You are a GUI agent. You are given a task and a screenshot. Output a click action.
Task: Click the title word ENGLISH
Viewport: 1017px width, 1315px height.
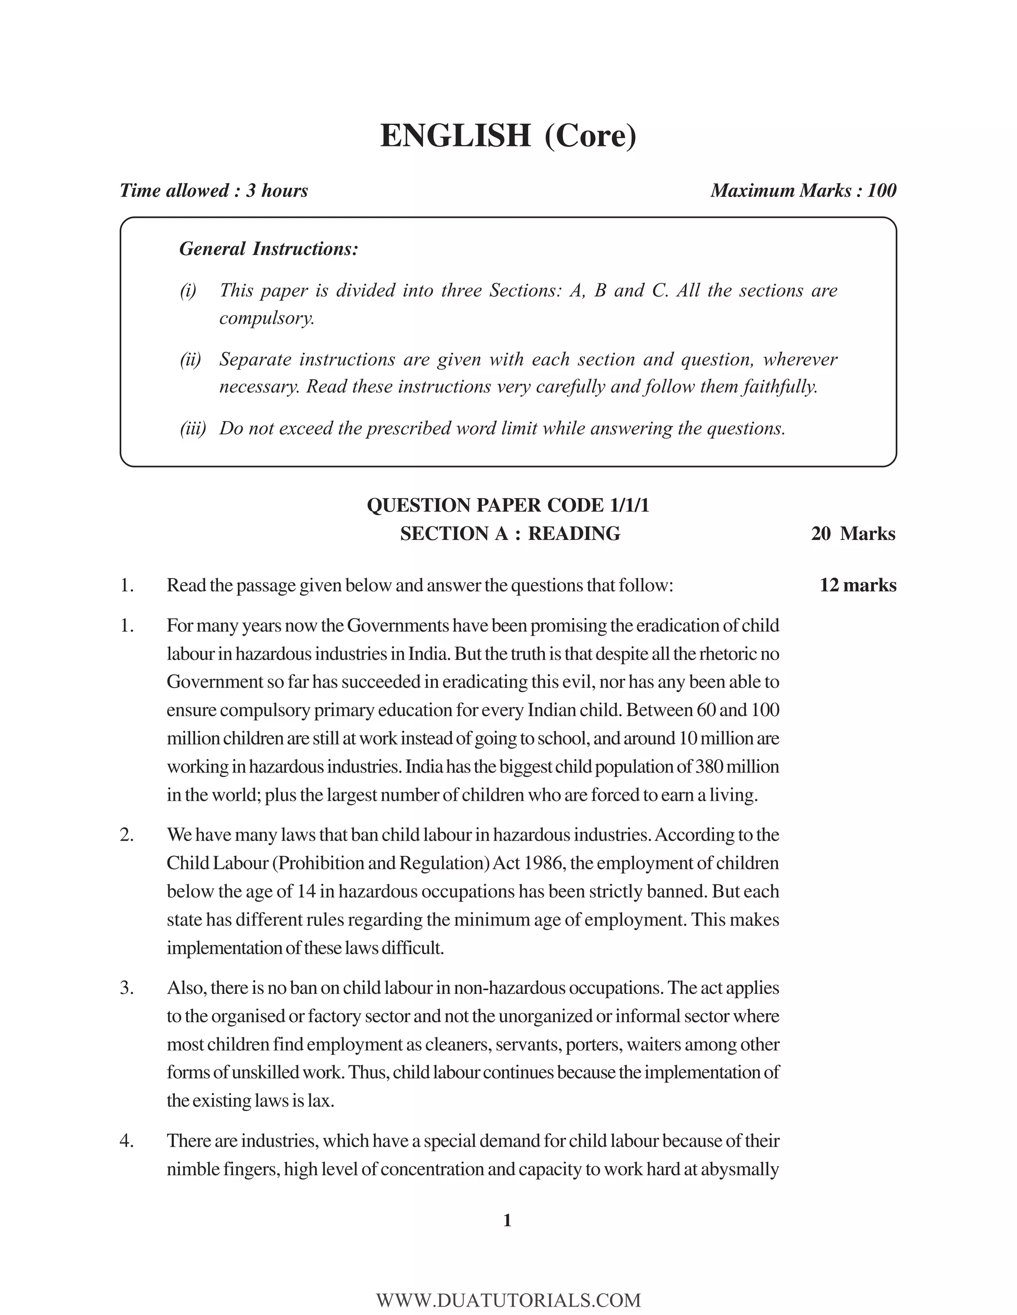(455, 136)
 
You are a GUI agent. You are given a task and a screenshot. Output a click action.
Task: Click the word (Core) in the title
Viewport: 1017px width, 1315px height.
(590, 136)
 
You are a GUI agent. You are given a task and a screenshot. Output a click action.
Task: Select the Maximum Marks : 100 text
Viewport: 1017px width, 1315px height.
(803, 191)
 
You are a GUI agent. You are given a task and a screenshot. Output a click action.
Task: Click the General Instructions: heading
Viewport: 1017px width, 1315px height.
(269, 249)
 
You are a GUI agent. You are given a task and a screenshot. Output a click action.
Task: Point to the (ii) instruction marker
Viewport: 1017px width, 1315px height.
(190, 359)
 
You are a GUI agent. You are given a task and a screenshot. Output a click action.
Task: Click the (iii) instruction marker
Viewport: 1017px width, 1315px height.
(193, 428)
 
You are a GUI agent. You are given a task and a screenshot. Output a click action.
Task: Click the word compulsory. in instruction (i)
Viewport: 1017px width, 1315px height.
(267, 318)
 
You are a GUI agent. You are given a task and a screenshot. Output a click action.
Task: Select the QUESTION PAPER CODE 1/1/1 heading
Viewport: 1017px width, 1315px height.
(508, 505)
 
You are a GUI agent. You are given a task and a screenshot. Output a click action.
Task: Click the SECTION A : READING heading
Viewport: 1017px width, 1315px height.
(509, 533)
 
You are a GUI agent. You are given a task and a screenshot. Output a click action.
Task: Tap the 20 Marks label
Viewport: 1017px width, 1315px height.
(853, 533)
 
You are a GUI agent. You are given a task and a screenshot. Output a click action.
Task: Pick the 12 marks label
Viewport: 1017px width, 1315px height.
(857, 585)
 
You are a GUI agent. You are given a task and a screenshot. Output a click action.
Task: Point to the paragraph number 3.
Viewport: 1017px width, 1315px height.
(127, 988)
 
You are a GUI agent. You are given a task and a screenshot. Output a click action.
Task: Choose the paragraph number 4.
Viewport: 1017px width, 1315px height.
(127, 1141)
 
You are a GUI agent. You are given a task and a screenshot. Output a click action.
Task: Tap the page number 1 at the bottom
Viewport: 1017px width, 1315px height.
(508, 1221)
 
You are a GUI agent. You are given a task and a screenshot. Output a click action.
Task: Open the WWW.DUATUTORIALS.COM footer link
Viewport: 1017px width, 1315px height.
(508, 1299)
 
